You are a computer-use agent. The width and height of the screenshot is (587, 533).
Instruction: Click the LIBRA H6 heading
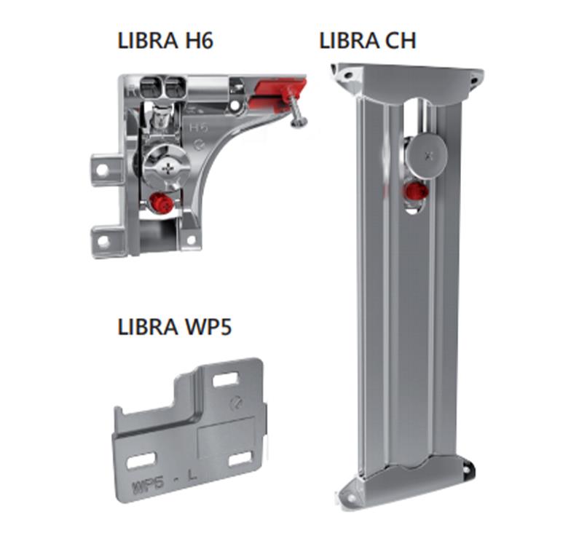click(x=165, y=41)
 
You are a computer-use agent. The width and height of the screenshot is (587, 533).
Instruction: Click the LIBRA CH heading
click(x=367, y=41)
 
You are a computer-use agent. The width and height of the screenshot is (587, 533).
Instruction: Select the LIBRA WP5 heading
click(x=175, y=326)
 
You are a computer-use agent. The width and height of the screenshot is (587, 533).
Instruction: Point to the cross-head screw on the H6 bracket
click(x=166, y=170)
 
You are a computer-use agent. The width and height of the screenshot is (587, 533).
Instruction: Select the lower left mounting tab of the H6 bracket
click(x=106, y=240)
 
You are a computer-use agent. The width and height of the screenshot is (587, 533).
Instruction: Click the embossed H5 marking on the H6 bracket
click(x=198, y=127)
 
